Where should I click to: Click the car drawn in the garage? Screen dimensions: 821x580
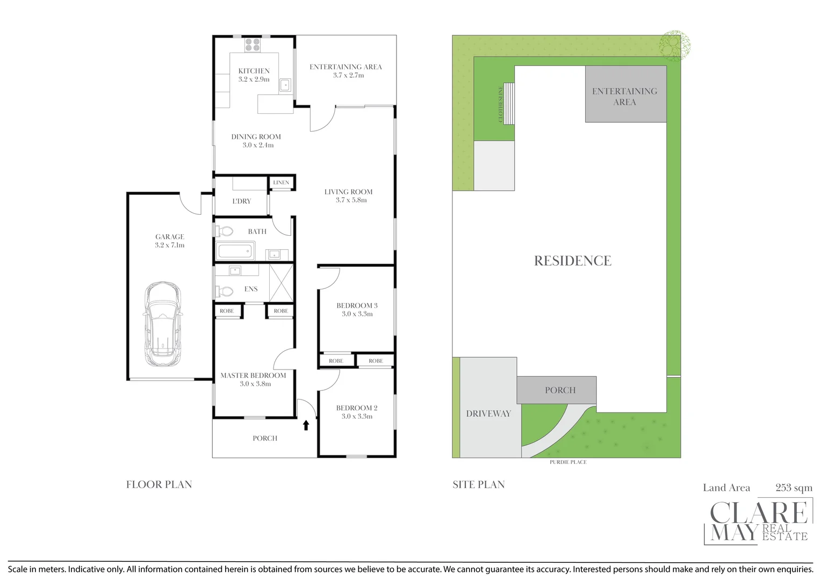pos(162,324)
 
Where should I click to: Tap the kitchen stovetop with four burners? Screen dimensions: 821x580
pos(253,45)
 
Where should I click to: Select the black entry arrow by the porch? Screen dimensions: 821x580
pos(306,425)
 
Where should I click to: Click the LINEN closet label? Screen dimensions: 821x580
pos(281,183)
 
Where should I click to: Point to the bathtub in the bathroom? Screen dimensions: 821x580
pos(235,251)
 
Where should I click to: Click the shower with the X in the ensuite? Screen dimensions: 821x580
pos(281,283)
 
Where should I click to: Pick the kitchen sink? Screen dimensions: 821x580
pos(285,85)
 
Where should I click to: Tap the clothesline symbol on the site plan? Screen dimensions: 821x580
pos(509,103)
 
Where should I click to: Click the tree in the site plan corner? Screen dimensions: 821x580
pos(675,46)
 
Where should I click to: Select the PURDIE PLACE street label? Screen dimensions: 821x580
pos(568,462)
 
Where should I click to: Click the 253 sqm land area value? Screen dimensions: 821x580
pos(794,488)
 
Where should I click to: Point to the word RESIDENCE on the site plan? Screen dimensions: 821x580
pos(573,261)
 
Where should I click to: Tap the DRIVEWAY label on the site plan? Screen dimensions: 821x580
pos(488,414)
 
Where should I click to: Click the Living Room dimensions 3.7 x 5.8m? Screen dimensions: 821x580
pos(351,200)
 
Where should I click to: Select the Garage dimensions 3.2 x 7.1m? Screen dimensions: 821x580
pos(169,245)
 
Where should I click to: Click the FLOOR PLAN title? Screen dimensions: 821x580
pos(159,485)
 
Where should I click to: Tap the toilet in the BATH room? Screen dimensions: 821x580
pos(224,231)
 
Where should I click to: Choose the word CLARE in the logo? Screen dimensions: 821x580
pos(759,513)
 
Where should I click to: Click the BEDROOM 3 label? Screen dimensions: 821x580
pos(357,306)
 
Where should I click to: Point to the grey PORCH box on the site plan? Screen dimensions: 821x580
pos(556,390)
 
